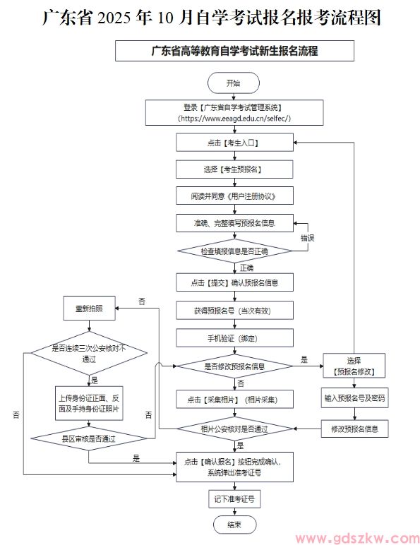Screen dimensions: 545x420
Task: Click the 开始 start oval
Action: point(234,83)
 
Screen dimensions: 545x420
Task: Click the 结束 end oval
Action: point(234,525)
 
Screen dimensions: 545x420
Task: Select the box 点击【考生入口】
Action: point(234,143)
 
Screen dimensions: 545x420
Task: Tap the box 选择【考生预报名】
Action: point(234,169)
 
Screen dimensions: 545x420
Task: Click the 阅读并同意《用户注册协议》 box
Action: point(234,196)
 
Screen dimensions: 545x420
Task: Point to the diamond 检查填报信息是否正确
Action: point(234,251)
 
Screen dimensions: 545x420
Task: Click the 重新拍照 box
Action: point(89,309)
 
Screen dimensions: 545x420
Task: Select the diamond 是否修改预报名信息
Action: point(234,366)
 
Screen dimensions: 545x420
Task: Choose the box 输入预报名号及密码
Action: point(354,398)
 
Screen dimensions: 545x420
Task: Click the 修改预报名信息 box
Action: point(354,428)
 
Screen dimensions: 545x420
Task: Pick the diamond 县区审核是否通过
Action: point(89,438)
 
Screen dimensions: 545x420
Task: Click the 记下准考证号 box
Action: point(234,498)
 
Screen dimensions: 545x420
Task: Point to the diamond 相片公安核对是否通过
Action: point(234,429)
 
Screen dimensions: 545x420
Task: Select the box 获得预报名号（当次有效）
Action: point(234,311)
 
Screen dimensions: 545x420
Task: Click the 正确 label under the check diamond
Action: point(246,268)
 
